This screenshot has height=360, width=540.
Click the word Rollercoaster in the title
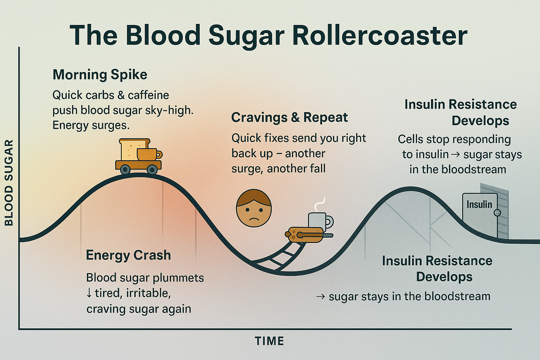(380, 36)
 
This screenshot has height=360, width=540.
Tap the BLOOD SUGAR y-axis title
(9, 182)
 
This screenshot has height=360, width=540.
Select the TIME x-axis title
(269, 341)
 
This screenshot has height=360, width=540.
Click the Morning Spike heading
(100, 75)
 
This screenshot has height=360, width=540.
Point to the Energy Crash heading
(128, 255)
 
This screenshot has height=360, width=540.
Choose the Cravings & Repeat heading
(289, 117)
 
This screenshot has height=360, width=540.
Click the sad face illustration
(253, 208)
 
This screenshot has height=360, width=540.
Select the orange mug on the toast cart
(148, 154)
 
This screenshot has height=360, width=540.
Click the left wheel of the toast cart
(125, 169)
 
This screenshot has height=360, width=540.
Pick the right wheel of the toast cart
(152, 169)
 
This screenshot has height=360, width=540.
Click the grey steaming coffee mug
(318, 221)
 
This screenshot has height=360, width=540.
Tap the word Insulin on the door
(479, 204)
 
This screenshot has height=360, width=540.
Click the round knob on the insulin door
(497, 213)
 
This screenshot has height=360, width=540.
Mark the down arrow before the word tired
(89, 293)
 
